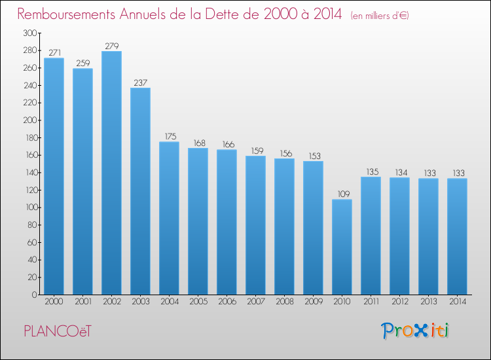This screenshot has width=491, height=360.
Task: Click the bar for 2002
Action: pos(111,173)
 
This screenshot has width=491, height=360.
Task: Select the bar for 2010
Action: pos(342,247)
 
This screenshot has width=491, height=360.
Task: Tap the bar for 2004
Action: pos(169,218)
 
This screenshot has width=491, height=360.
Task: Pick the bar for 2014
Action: pos(457,236)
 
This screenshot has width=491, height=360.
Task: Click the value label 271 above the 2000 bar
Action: pos(54,52)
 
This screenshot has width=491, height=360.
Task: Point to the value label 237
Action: pos(140,82)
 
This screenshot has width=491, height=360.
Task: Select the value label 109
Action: pos(344,194)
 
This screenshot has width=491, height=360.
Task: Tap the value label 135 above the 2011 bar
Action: pos(373,171)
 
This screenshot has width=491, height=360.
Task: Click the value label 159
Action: pos(257,151)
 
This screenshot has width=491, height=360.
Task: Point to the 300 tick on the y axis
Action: pos(30,33)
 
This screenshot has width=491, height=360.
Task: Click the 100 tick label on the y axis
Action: pos(31,207)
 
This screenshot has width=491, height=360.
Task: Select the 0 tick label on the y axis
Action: pos(35,295)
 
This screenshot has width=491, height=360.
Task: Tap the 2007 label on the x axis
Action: pos(256,302)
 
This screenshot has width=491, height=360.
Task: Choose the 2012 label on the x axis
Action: pos(400,302)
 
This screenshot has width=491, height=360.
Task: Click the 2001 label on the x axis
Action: pos(83,302)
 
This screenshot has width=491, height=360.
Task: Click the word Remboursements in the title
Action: pos(66,14)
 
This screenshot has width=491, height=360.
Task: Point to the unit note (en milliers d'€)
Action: pos(380,16)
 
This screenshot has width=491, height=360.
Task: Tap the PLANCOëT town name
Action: pos(58,331)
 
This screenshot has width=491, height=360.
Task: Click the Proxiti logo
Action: pos(415,331)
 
